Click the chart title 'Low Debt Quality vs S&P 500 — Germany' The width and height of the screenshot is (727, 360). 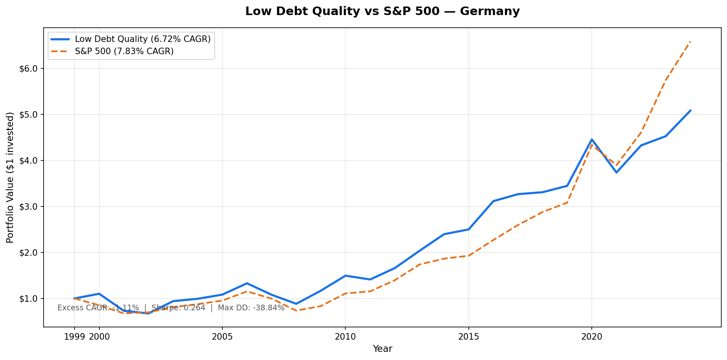coord(382,11)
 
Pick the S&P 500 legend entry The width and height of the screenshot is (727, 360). coord(124,51)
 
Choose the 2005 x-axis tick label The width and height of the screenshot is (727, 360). coord(222,337)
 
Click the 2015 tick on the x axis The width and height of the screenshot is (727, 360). coord(468,337)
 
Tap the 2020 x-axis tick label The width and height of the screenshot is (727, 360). coord(592,337)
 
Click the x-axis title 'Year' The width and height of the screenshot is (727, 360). coord(382,349)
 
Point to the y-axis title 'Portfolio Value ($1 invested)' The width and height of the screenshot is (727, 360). coord(10,177)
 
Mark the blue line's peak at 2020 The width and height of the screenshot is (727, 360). coord(592,139)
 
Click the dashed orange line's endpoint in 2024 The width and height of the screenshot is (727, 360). coord(690,41)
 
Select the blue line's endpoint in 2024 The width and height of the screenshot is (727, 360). coord(690,110)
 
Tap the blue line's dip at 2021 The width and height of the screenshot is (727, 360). coord(616,172)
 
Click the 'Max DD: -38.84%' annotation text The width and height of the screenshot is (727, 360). coord(251,308)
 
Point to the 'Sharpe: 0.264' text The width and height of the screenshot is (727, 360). coord(178,308)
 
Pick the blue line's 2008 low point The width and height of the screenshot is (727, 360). coord(296,304)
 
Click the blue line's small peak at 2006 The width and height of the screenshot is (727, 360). coord(247,283)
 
